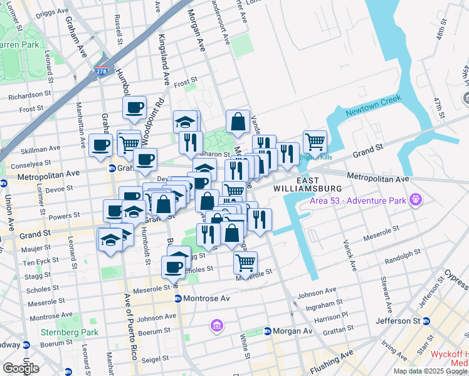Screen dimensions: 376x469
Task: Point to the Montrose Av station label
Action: [x=203, y=298]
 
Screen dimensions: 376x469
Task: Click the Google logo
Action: [x=21, y=368]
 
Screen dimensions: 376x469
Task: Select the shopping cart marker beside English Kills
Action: [x=314, y=141]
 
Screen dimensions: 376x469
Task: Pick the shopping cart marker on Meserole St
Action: [x=245, y=262]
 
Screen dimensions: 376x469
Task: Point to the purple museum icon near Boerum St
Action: [x=217, y=326]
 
